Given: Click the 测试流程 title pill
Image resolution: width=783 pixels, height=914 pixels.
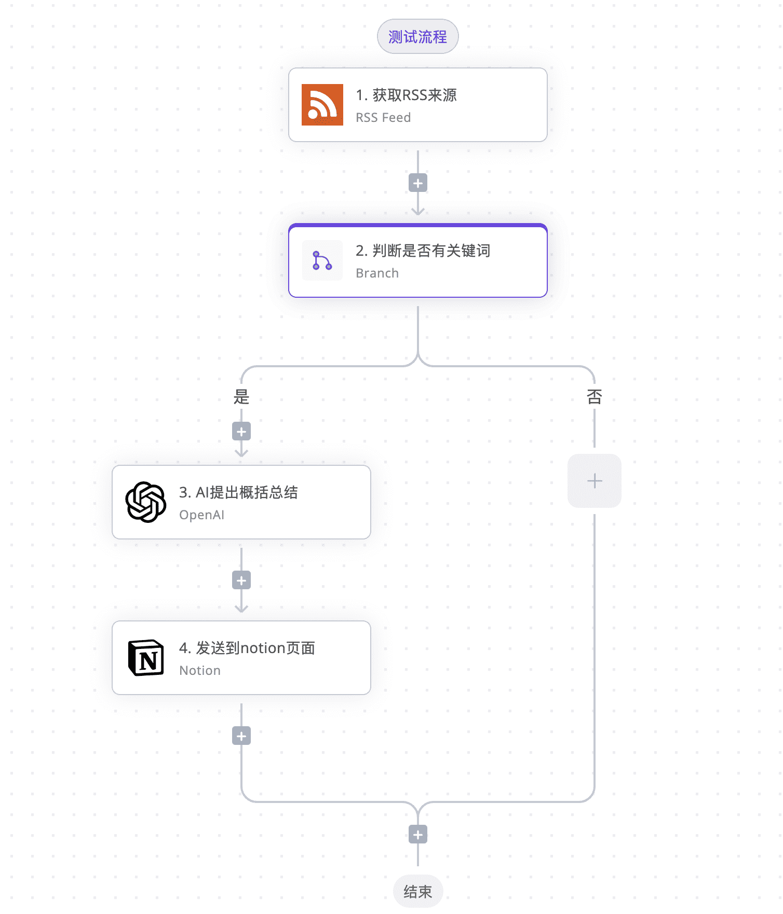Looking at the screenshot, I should [x=417, y=36].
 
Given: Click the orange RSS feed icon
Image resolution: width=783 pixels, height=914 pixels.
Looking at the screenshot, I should [x=322, y=105].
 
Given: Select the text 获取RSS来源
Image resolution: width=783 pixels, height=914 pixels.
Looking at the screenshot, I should [x=414, y=95].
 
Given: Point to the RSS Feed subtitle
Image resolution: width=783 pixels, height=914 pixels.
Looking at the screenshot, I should [x=383, y=118].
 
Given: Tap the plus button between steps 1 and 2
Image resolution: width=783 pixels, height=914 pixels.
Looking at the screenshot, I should [x=417, y=183].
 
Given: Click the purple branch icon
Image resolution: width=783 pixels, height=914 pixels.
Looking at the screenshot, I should [x=322, y=260].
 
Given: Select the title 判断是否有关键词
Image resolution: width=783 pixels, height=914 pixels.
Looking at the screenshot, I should [x=431, y=251].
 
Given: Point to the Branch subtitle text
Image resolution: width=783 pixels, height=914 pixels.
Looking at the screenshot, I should [x=377, y=273].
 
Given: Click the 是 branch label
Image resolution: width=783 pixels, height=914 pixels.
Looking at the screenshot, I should [x=241, y=397].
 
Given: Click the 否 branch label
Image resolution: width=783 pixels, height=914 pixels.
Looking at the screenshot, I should [x=594, y=397].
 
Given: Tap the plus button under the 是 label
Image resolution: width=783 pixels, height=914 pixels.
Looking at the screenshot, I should [x=241, y=432].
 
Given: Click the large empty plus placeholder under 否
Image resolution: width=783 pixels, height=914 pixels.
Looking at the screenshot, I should [x=594, y=481].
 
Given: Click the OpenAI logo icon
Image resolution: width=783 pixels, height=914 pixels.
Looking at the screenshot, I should [x=146, y=502].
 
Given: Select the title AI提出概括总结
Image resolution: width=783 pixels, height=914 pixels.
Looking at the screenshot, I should [x=246, y=492].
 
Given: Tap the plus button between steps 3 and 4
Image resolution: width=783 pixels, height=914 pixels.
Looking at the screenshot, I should [x=241, y=580].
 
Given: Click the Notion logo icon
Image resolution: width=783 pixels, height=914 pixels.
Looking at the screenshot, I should [x=146, y=658].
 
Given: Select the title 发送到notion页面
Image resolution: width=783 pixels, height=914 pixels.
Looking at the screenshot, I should [x=255, y=648].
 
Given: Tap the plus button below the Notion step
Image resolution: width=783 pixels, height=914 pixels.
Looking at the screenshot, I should [x=241, y=736].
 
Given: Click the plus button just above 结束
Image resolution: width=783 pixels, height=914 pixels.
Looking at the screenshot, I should [x=417, y=835].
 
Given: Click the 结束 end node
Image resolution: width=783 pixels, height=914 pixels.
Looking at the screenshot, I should [x=417, y=892].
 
